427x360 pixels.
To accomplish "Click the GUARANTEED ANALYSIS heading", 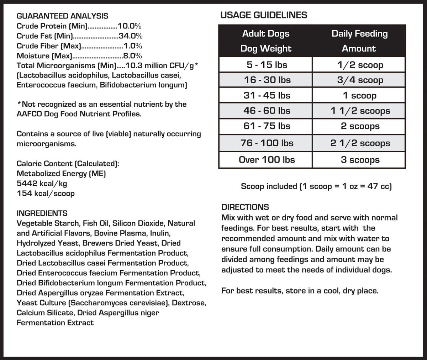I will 62,16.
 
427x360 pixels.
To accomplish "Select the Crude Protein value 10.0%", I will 130,26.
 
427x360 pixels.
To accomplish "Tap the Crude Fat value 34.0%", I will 131,36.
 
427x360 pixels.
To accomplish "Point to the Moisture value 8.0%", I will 132,56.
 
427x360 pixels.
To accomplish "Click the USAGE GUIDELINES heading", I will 264,15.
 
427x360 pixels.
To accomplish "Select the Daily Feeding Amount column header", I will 359,41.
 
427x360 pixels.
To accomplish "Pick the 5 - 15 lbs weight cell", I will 267,65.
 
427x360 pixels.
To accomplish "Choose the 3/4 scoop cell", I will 360,80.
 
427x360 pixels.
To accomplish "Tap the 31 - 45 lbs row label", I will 267,96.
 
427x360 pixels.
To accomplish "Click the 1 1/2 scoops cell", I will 360,111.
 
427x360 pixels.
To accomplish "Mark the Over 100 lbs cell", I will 267,160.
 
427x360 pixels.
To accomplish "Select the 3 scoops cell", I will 360,160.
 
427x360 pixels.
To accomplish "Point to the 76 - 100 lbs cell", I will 267,143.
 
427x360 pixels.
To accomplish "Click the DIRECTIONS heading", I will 245,207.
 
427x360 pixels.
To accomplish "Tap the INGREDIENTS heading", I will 42,213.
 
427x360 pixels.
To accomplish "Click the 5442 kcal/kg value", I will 42,184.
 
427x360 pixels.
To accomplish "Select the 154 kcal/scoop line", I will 46,194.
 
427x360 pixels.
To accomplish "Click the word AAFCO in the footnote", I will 29,114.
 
